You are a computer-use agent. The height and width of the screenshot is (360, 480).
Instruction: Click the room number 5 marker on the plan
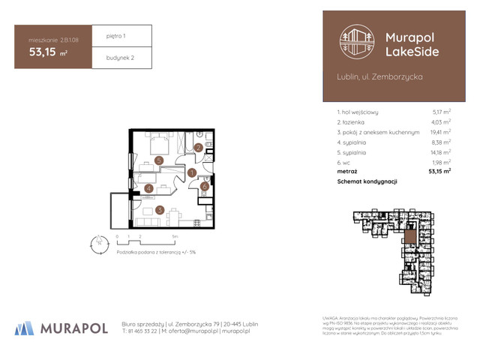158,160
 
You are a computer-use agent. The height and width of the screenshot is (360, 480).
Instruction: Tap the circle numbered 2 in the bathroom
198,148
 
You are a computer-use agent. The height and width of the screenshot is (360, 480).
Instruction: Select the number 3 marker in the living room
159,210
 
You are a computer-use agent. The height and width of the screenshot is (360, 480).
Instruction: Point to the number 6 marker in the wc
204,186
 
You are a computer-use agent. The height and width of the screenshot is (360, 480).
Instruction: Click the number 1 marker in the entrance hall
191,172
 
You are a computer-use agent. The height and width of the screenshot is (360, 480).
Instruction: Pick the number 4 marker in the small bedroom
149,188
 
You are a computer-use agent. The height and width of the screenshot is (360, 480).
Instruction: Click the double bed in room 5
159,143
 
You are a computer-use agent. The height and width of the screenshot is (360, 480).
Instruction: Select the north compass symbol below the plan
96,242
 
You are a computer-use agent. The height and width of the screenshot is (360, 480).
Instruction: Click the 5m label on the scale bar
175,236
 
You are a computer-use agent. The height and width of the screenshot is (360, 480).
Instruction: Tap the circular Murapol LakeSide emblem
357,42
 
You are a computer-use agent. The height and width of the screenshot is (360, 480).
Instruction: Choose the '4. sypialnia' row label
357,141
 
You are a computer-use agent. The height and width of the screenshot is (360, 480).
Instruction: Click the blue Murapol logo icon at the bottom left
25,328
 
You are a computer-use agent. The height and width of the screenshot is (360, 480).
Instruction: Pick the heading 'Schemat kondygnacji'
367,182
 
